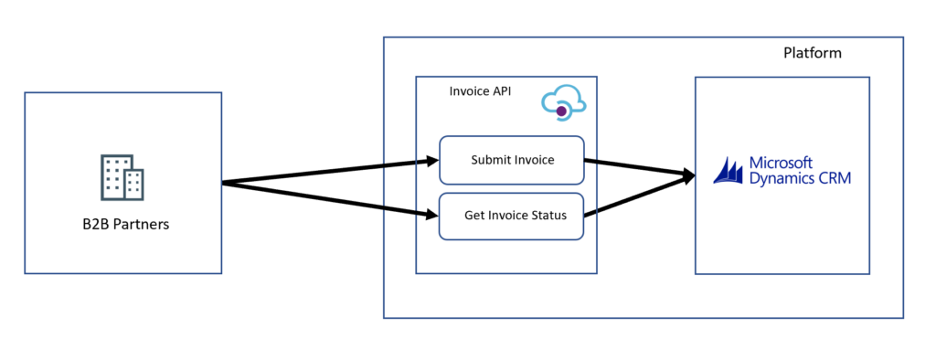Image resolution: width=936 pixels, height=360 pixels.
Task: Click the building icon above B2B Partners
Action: (122, 177)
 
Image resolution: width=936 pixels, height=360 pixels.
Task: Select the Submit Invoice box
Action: (512, 160)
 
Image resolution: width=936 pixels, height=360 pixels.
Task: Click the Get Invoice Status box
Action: (512, 216)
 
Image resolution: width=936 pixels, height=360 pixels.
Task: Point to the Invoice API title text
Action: (481, 91)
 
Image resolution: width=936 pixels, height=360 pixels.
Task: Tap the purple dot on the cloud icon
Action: (561, 111)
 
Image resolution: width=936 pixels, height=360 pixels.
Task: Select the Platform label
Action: (812, 53)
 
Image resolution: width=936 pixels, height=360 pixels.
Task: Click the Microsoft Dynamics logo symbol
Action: (729, 171)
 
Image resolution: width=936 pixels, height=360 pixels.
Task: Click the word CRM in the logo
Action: (834, 179)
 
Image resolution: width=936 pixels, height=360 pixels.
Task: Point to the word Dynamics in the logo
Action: (782, 179)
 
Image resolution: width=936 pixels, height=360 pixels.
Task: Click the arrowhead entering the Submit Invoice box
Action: (431, 163)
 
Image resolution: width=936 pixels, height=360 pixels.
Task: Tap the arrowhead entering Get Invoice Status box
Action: (431, 216)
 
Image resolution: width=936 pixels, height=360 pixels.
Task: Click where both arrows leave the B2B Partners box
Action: (225, 184)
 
